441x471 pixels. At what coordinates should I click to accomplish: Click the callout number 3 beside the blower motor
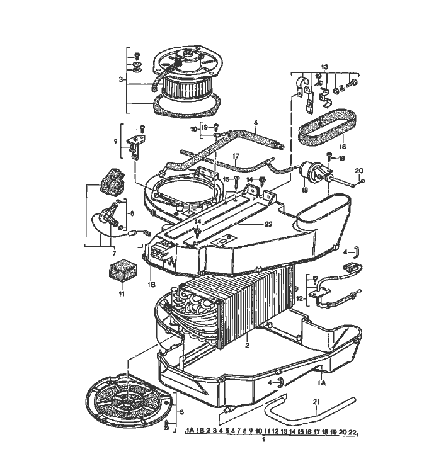pos(120,79)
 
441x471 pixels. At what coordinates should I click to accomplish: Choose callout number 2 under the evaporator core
pos(248,346)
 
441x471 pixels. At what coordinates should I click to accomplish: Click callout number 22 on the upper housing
pos(251,224)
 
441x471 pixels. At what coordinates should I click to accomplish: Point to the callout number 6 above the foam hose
pos(256,123)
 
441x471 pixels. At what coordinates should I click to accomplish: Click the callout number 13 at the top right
pos(324,66)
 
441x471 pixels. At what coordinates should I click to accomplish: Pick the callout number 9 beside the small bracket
pos(115,142)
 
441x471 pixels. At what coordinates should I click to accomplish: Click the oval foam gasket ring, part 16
pos(326,126)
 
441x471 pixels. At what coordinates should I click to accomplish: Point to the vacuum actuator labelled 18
pos(310,169)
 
